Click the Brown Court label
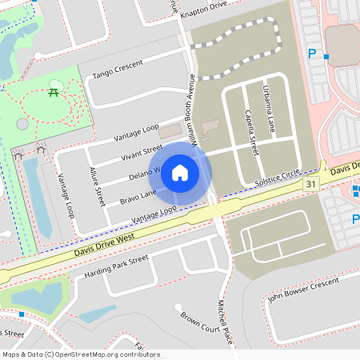point(200,322)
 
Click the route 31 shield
point(310,185)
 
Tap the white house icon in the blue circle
point(180,172)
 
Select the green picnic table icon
point(54,94)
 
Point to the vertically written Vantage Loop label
point(67,195)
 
